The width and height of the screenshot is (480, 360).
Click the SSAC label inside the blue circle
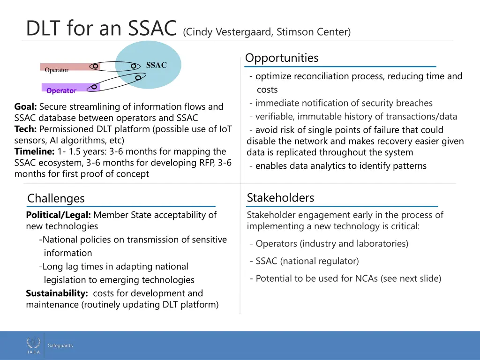[x=156, y=65]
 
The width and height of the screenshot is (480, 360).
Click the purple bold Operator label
[x=61, y=90]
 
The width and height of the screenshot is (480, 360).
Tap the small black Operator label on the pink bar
[x=56, y=70]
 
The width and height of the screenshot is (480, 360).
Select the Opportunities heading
[x=282, y=58]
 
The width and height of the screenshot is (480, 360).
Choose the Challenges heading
[x=56, y=198]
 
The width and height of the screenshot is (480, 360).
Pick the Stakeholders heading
[x=280, y=198]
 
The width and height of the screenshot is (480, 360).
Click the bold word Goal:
[x=25, y=107]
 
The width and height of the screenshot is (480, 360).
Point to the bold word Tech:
[x=25, y=129]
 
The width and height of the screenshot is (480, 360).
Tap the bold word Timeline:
[x=35, y=151]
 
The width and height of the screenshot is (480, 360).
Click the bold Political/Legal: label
[x=58, y=215]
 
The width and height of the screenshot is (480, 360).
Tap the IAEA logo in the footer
[x=34, y=346]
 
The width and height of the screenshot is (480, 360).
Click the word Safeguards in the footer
[x=60, y=345]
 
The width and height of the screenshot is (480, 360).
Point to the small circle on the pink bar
[x=95, y=67]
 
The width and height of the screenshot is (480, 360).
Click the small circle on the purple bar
[x=94, y=87]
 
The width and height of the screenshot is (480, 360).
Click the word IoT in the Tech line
[x=225, y=129]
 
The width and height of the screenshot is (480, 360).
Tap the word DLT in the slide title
[x=45, y=28]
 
